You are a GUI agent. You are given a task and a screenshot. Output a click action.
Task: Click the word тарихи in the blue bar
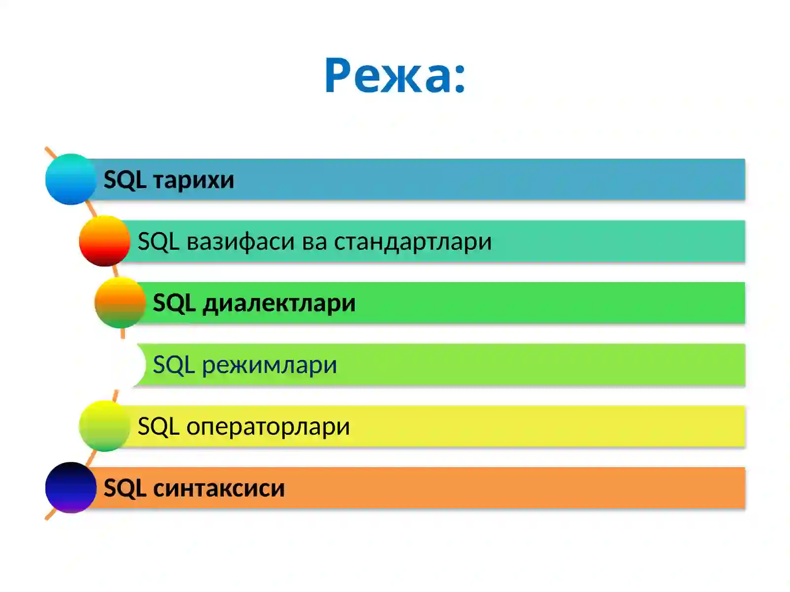[x=194, y=180]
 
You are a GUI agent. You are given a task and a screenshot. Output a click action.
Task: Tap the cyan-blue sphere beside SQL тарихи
[x=71, y=179]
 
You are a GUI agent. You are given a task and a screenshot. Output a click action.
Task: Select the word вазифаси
[x=241, y=242]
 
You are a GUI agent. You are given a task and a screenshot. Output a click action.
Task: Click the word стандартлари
[x=413, y=242]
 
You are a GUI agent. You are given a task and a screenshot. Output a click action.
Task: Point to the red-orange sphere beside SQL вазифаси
[x=104, y=241]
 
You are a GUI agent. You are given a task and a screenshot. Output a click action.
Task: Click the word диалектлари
[x=279, y=303]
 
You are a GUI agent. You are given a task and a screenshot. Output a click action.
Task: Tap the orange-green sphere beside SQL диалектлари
[x=120, y=302]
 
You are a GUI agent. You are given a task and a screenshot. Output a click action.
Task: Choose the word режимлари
[x=270, y=366]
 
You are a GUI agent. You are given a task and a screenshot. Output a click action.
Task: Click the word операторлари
[x=268, y=427]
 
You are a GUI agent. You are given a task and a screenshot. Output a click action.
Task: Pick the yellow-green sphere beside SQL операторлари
[x=104, y=426]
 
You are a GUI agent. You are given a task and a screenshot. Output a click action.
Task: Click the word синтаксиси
[x=219, y=488]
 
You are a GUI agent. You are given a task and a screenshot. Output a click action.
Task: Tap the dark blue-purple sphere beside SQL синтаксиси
[x=71, y=487]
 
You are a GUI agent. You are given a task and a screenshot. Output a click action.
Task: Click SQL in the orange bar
[x=125, y=488]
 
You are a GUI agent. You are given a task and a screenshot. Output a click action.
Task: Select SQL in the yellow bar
[x=158, y=427]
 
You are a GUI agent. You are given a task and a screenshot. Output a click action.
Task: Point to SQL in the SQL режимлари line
[x=174, y=366]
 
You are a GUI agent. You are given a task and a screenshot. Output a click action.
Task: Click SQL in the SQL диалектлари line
[x=174, y=303]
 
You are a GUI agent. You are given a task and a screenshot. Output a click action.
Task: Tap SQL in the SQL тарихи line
[x=125, y=180]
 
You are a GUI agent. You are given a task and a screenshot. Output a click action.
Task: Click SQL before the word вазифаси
[x=158, y=242]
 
